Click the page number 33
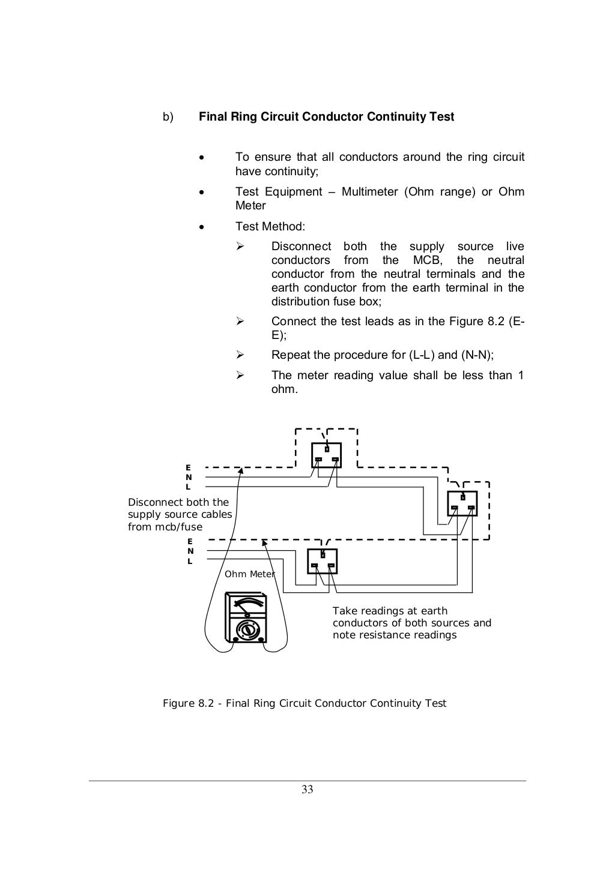(307, 790)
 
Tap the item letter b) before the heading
(168, 116)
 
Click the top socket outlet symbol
(326, 455)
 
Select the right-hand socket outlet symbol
(462, 503)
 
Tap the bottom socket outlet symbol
(322, 561)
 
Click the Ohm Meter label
(249, 574)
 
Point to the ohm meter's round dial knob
(247, 630)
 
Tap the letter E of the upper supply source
(188, 467)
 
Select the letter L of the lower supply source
(190, 562)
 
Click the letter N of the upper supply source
(189, 477)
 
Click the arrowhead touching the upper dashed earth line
(241, 470)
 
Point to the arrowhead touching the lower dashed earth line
(264, 543)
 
